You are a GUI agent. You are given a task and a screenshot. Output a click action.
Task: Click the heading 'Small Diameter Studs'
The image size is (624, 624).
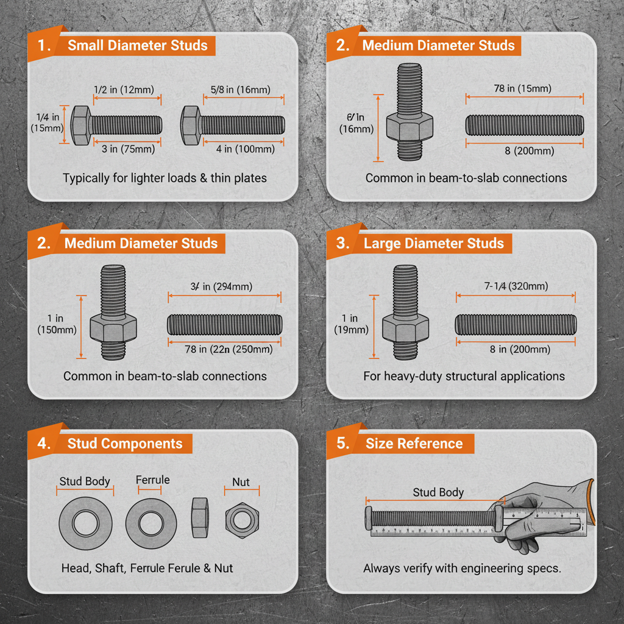137,45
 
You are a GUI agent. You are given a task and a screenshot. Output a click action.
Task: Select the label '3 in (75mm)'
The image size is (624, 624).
128,149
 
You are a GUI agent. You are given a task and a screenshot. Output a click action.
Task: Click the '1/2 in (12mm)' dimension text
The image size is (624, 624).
127,90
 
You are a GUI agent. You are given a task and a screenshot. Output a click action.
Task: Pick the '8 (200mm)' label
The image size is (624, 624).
525,151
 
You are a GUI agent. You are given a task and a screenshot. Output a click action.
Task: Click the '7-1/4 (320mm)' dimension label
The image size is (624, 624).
516,286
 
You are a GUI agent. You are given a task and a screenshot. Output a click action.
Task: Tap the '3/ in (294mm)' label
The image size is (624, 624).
224,286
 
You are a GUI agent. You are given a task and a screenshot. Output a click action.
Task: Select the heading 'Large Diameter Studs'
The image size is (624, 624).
433,243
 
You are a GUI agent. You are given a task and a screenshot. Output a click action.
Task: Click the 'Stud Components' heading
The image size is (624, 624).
125,443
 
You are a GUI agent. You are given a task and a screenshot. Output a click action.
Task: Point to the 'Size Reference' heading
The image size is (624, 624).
414,443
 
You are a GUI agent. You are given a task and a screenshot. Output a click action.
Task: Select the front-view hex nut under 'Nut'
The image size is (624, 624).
242,520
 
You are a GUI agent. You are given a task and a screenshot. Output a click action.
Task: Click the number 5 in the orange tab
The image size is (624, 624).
342,443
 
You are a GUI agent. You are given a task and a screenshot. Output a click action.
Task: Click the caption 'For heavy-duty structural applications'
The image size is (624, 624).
464,376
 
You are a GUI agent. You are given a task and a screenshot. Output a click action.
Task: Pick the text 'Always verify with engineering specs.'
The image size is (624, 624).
462,568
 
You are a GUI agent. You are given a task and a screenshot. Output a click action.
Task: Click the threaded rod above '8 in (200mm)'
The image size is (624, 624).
516,324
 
